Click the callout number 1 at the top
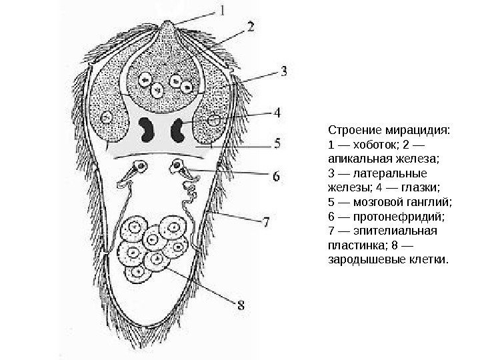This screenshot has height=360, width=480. [223, 10]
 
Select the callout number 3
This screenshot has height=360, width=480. [284, 69]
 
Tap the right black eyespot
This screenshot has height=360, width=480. [178, 129]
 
